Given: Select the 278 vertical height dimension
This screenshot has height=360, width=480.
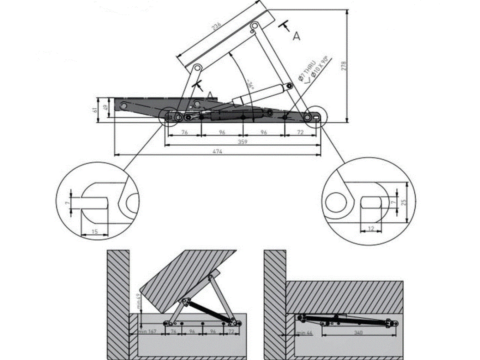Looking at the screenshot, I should (344, 66).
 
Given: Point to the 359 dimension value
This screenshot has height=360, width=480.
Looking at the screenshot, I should (242, 142).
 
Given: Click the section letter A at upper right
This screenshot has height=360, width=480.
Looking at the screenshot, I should (296, 36).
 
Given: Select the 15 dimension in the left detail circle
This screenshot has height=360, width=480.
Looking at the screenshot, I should (94, 232).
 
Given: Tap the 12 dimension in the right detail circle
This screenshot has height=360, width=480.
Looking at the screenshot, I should (370, 229).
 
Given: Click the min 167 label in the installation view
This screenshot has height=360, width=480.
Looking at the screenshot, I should (147, 332).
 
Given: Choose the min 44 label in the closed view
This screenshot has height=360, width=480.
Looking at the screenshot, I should (305, 333).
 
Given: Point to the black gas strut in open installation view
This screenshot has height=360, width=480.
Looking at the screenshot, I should (208, 310).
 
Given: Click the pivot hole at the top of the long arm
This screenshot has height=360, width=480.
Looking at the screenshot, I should (253, 27).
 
